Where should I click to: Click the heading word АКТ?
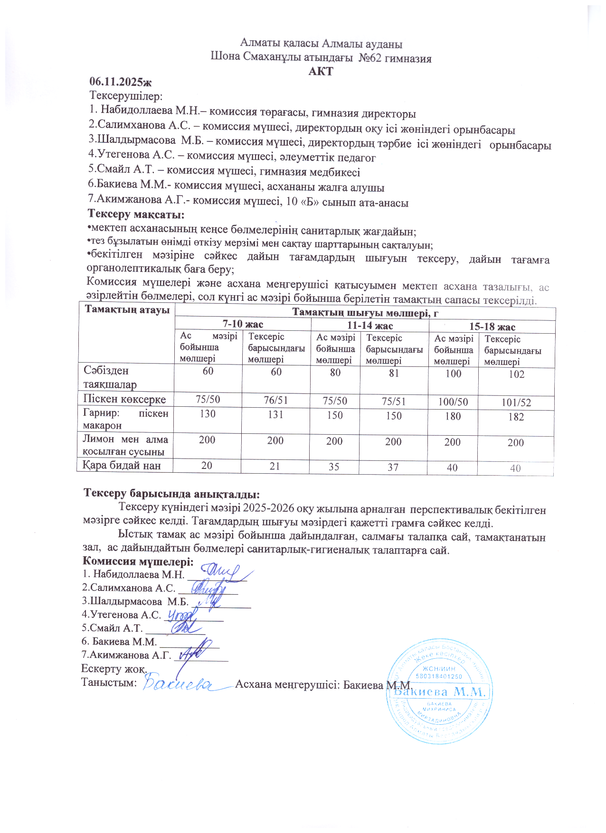(x=321, y=71)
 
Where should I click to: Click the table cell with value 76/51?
(x=276, y=400)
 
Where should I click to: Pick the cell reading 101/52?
(x=516, y=402)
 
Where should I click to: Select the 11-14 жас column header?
(x=369, y=326)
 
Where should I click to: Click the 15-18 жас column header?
(x=492, y=327)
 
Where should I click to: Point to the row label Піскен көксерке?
(x=125, y=399)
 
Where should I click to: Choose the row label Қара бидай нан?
(x=122, y=465)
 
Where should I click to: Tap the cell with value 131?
(x=275, y=414)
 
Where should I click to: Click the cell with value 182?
(x=516, y=417)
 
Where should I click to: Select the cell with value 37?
(x=393, y=467)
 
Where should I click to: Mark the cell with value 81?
(x=394, y=373)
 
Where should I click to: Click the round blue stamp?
(x=439, y=691)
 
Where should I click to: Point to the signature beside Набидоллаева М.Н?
(x=221, y=572)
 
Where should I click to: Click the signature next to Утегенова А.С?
(x=181, y=616)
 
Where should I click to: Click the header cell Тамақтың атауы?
(x=127, y=310)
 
